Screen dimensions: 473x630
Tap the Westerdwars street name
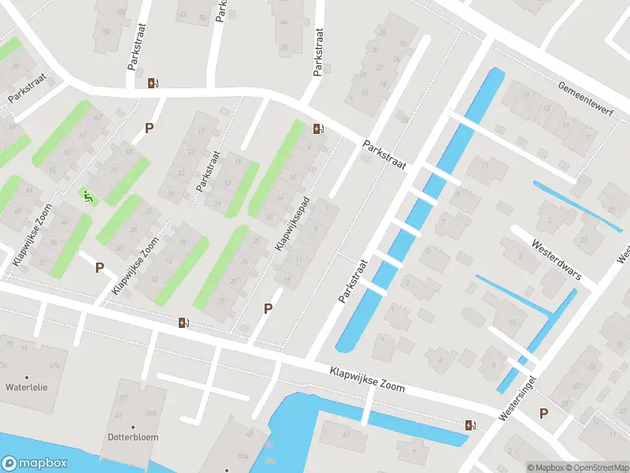coord(557,260)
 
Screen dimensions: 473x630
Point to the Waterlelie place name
coord(27,387)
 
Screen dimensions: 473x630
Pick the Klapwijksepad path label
coord(292,224)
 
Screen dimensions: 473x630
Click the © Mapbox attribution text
coord(546,467)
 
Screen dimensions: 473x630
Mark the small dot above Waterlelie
coord(27,377)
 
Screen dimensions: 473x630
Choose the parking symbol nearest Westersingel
coord(543,413)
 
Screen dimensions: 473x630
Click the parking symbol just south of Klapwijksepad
coord(269,309)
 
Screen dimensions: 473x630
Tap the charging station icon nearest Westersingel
coord(471,425)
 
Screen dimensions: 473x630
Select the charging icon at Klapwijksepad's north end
coord(317,128)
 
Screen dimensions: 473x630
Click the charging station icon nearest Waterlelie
coord(183,321)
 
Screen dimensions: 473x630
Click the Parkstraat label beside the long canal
coord(354,281)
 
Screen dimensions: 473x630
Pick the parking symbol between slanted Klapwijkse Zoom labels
coord(100,267)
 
